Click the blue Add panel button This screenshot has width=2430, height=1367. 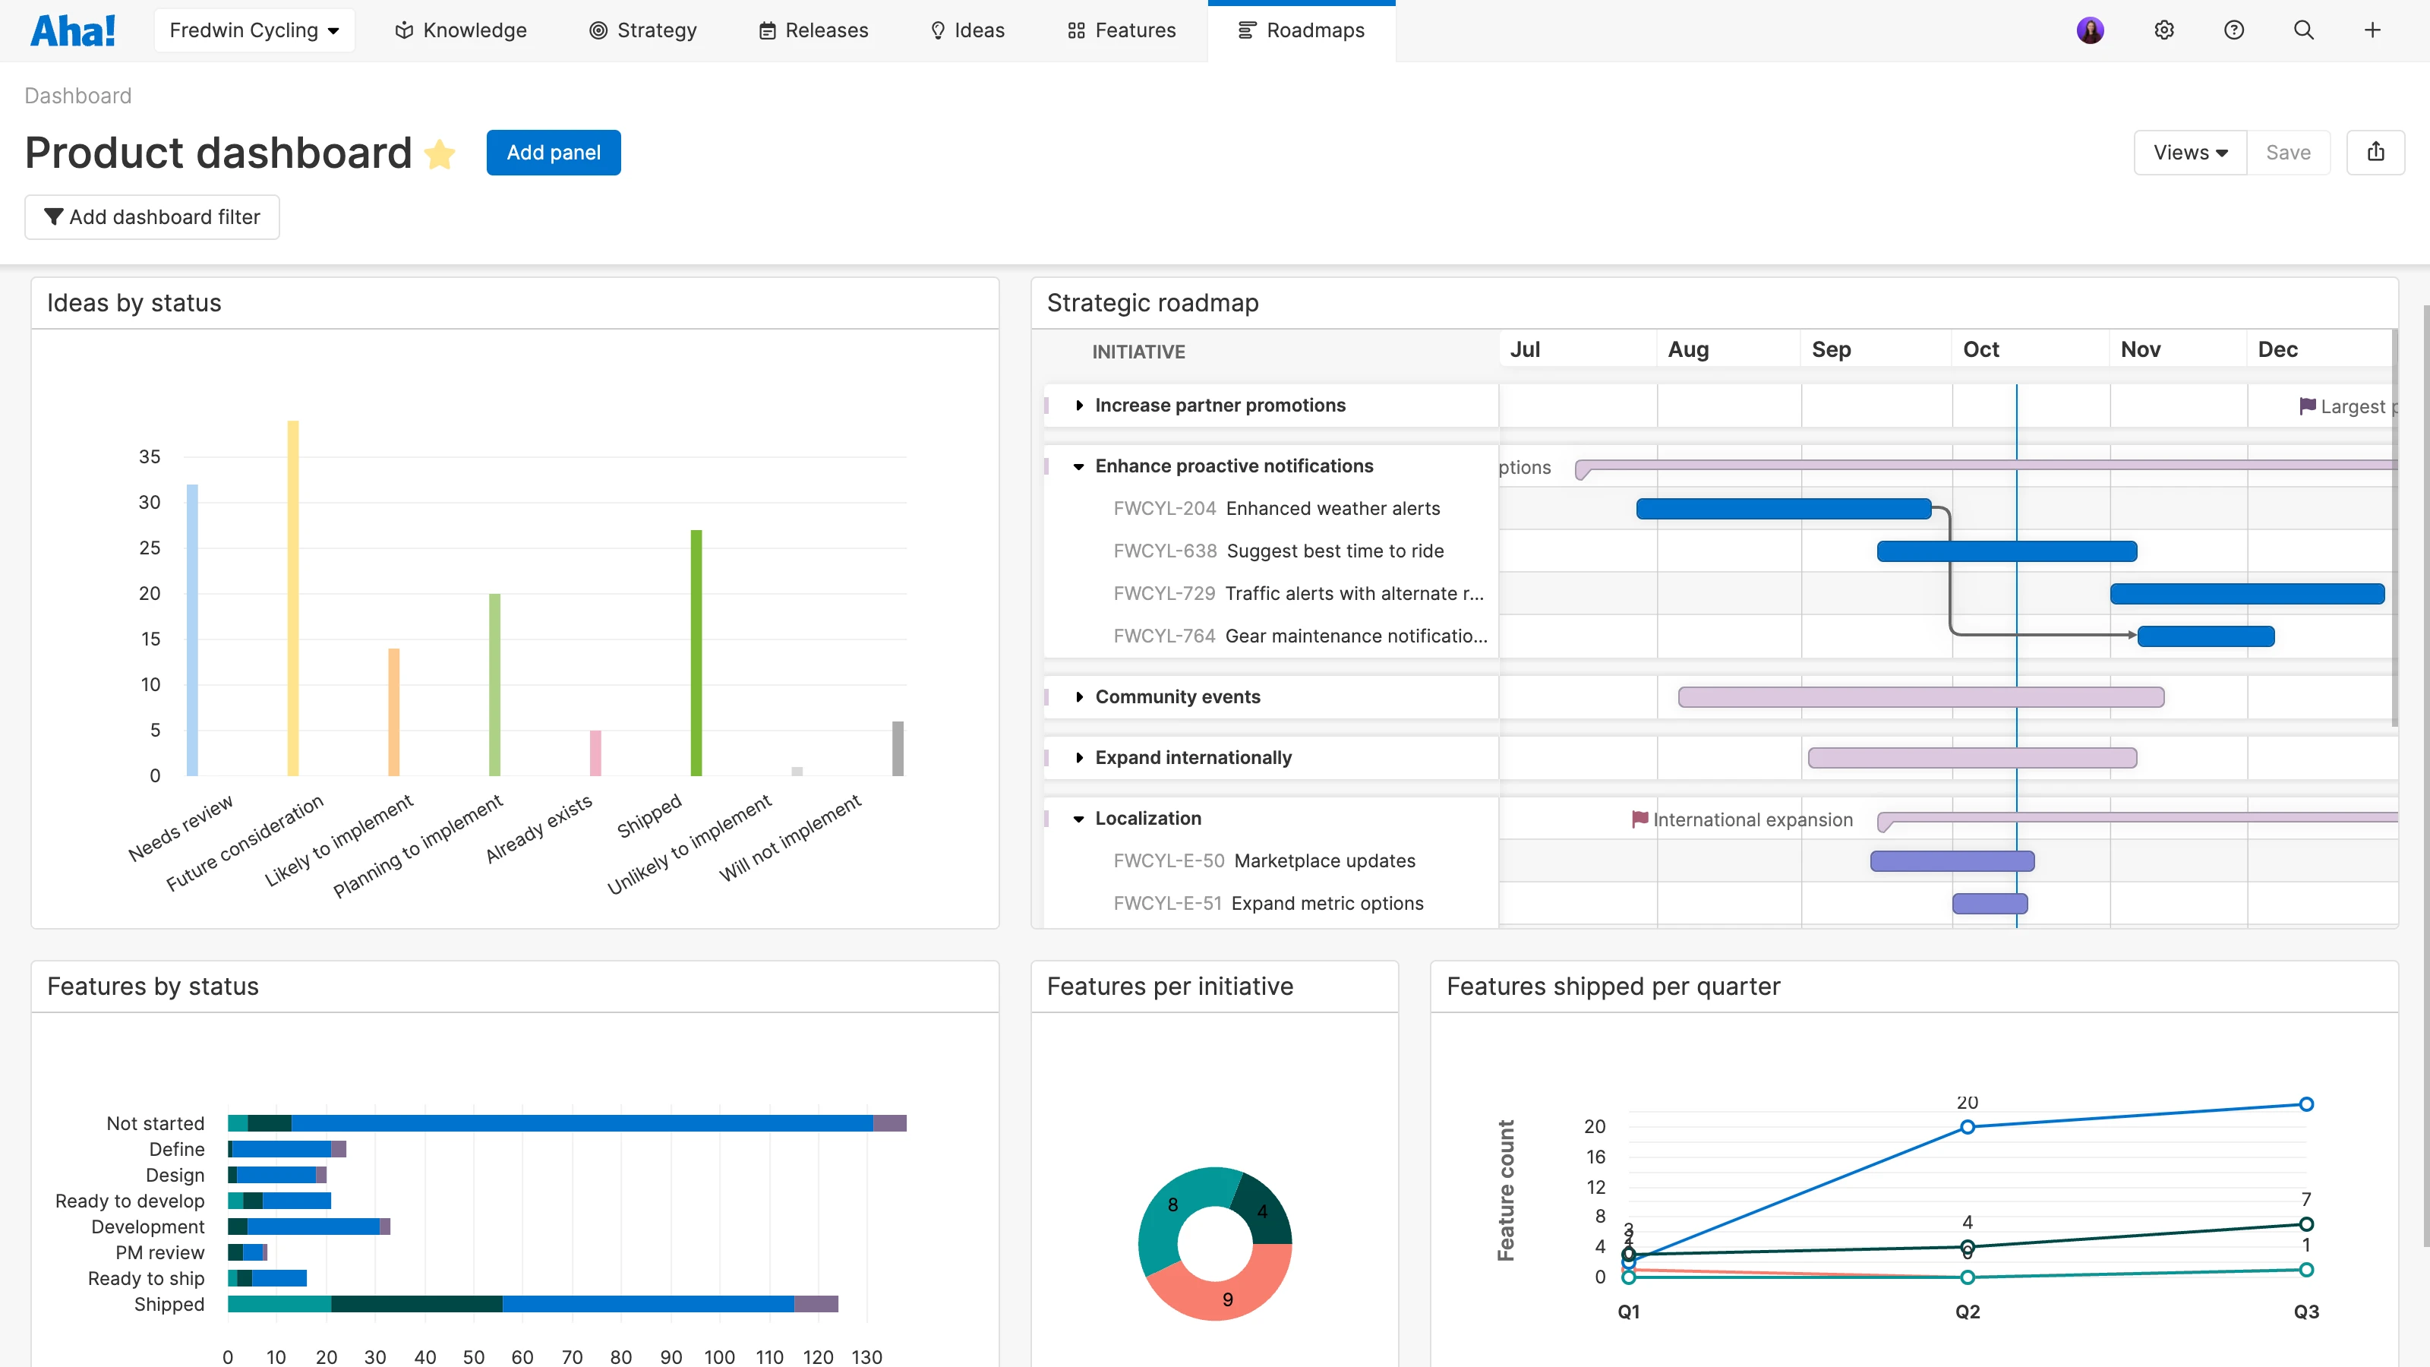pos(553,153)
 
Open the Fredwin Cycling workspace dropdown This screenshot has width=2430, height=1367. pos(254,30)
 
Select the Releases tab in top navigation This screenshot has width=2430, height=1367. pos(813,30)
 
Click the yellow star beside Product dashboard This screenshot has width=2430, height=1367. pos(440,153)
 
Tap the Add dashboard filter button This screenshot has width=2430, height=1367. pos(152,217)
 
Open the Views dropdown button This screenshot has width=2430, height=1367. pos(2189,153)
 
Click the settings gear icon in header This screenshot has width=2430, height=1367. pos(2164,30)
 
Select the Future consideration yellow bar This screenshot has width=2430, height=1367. pos(292,598)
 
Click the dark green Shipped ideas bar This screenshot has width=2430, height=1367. pos(696,653)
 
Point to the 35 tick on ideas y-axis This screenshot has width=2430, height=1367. pos(149,456)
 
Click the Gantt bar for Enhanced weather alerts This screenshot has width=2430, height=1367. pos(1783,509)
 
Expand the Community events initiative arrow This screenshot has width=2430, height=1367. pos(1079,697)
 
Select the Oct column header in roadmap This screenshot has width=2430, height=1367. pos(1981,350)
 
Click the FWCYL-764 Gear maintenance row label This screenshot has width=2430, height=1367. pos(1299,636)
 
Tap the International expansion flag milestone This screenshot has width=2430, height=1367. pos(1640,819)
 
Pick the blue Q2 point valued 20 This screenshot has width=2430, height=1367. pos(1967,1126)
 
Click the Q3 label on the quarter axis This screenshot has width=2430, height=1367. pos(2305,1312)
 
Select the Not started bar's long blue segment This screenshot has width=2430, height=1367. pos(581,1122)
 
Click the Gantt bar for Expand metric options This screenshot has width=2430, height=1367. pos(1990,904)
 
